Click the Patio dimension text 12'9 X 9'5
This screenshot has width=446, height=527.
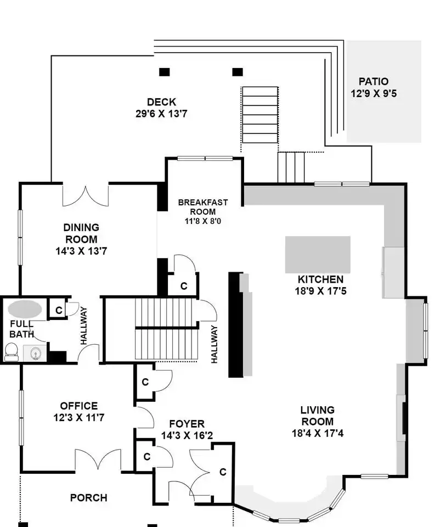[374, 93]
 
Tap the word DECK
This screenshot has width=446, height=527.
[161, 102]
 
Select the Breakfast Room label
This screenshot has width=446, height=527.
[203, 207]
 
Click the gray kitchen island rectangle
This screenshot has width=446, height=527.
[318, 254]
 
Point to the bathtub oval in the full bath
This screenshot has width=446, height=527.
[25, 309]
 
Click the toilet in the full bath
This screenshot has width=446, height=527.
[12, 351]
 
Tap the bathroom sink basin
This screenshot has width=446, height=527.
[35, 354]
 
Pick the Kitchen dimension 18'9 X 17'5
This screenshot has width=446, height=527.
[320, 291]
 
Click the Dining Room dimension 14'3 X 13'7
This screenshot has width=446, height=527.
[81, 251]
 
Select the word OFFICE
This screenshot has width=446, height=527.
[79, 406]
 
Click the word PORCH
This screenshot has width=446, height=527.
[89, 497]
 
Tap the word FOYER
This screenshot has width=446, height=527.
[187, 424]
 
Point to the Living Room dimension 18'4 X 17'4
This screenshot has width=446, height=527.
[318, 433]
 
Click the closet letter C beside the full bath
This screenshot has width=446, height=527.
[59, 310]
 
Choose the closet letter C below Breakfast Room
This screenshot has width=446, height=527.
[184, 286]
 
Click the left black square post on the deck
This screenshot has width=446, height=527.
[164, 72]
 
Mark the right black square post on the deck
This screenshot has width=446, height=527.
[238, 72]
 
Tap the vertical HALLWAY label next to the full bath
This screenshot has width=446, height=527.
[83, 326]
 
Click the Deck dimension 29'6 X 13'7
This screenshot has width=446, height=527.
[161, 114]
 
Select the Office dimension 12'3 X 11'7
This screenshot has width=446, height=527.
[79, 417]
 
